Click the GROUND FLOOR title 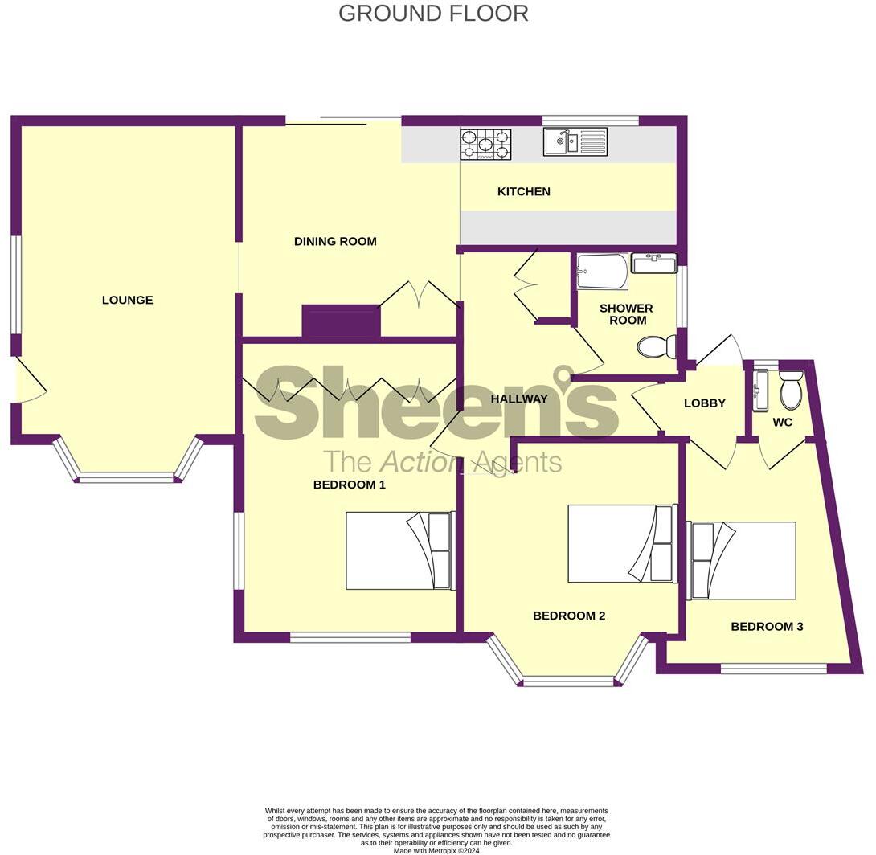(x=433, y=14)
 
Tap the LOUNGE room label (x=127, y=300)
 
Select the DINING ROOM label (x=335, y=241)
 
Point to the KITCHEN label (x=524, y=191)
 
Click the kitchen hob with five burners (x=485, y=145)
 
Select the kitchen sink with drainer (x=575, y=142)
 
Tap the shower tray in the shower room (x=602, y=272)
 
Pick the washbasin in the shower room (x=654, y=263)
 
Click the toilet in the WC (x=791, y=391)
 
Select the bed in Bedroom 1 (x=400, y=550)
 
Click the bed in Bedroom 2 (x=621, y=543)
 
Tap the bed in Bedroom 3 (x=741, y=560)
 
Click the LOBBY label (x=705, y=403)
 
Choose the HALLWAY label (x=518, y=399)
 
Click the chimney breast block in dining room (x=341, y=321)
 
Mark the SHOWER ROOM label (x=626, y=314)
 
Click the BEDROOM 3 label (x=767, y=626)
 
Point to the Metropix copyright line (x=436, y=850)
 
